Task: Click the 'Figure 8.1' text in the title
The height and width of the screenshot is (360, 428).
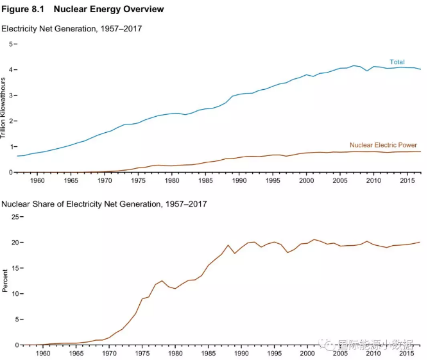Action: tap(22, 9)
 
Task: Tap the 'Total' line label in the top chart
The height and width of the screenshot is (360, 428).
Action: tap(397, 62)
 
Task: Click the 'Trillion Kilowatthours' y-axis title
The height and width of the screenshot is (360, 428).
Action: tap(4, 108)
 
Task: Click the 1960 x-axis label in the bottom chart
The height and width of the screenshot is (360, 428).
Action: tap(43, 354)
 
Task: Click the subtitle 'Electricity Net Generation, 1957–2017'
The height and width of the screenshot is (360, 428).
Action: tap(71, 29)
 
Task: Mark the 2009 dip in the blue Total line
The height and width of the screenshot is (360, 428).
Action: tap(367, 71)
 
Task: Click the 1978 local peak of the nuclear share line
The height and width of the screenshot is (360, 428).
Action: tap(162, 280)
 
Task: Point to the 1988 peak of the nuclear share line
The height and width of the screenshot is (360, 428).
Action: tap(228, 245)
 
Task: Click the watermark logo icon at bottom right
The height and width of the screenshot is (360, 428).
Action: tap(329, 345)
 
